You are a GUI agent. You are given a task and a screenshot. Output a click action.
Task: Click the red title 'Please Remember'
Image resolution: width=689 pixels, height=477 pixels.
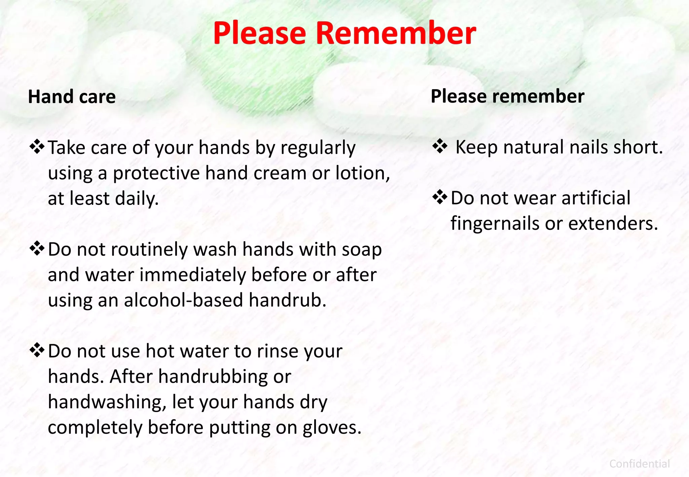point(344,33)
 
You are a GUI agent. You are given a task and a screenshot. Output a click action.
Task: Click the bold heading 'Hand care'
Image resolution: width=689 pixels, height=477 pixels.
point(72,97)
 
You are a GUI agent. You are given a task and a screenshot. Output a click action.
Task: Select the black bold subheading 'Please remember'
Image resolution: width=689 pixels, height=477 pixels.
point(507,97)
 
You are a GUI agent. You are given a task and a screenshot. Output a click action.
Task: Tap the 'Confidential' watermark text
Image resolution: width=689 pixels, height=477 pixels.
point(640,464)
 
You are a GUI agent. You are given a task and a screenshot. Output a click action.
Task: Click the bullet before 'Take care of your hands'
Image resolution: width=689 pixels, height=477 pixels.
point(37,147)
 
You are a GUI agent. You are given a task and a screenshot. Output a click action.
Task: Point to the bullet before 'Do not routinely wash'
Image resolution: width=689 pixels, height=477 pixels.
point(37,249)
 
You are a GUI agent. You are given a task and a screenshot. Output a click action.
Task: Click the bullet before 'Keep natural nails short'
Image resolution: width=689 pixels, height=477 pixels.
point(440,147)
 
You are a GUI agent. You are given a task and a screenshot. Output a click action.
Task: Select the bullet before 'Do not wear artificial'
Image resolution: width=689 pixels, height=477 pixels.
point(440,197)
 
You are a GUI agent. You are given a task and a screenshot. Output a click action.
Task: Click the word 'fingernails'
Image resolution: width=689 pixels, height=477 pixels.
point(495,223)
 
